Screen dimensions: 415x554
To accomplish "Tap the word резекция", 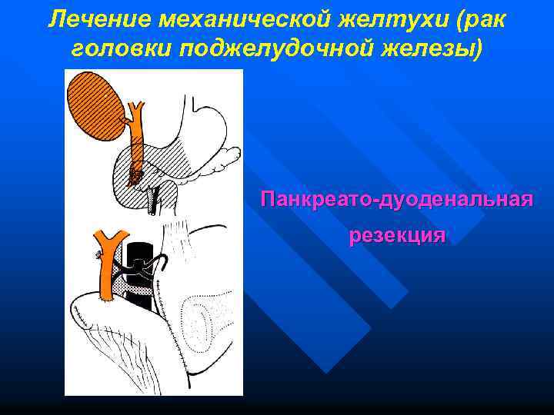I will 396,234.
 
